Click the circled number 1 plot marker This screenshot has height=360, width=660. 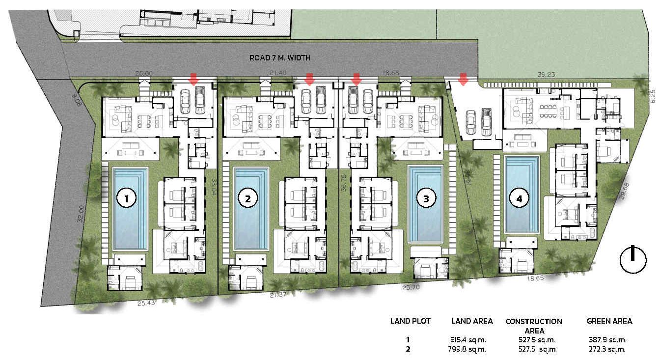pos(126,199)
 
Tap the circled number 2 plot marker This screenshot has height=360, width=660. pos(248,199)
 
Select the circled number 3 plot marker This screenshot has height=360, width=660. pos(426,199)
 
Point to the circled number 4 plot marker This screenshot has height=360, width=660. pos(519,199)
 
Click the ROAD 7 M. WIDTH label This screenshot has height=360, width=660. pos(279,58)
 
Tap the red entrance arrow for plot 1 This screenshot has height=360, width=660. pos(193,80)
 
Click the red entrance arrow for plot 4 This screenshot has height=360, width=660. pos(464,80)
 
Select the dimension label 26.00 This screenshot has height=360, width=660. pos(144,73)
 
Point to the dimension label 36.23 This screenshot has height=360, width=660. pos(546,75)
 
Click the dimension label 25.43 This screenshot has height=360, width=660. pos(146,303)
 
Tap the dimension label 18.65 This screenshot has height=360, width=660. pos(535,278)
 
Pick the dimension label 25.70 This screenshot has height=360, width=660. pos(411,287)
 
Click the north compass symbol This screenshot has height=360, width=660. pos(633,260)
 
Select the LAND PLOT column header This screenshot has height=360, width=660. pos(410,321)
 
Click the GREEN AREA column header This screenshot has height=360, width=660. pos(609,321)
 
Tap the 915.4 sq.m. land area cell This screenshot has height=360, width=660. pos(468,340)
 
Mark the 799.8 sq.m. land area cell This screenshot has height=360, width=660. pos(467,349)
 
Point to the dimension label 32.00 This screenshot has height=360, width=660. pos(82,214)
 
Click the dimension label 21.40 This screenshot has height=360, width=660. pos(278,73)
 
